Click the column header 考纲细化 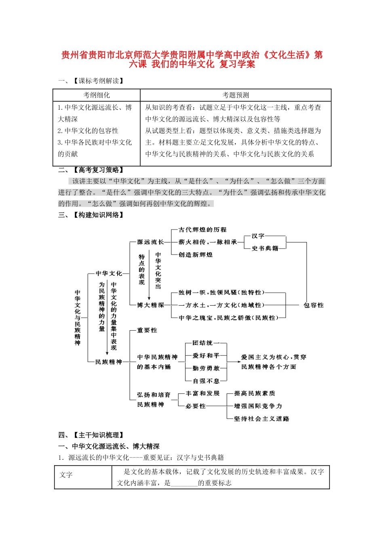97,95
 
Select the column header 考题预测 236,95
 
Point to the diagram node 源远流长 150,242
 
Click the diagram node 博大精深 150,305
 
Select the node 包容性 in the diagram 314,305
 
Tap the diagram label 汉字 258,236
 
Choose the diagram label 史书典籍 265,248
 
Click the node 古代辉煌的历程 203,229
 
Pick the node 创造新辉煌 196,255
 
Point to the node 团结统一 206,343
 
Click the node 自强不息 206,381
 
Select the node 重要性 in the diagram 147,330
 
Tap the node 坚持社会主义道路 262,419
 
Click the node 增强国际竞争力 258,406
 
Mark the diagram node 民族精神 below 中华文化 108,362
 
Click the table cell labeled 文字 66,475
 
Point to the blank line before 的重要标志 184,483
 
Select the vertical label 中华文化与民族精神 78,318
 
